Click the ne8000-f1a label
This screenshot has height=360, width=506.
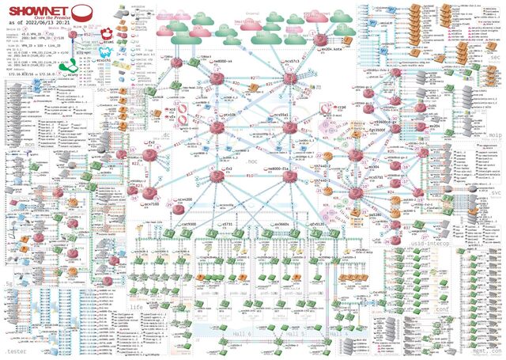pos(281,170)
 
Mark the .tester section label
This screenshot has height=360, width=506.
pos(14,349)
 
